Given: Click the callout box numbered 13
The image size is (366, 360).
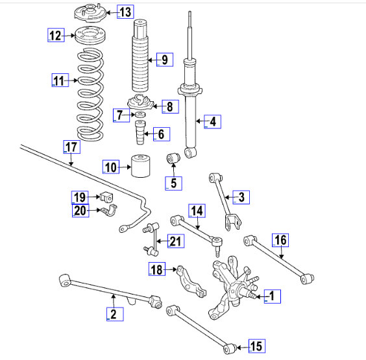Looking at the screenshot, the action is pyautogui.click(x=125, y=12).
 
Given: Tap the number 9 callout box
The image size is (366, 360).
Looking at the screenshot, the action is pyautogui.click(x=165, y=60).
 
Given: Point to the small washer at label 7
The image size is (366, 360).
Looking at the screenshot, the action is pyautogui.click(x=140, y=115).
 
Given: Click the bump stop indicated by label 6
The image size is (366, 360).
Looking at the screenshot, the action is pyautogui.click(x=140, y=132).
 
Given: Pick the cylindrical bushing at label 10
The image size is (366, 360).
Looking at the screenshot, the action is pyautogui.click(x=141, y=166).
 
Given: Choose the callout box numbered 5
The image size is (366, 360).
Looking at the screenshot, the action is pyautogui.click(x=173, y=184).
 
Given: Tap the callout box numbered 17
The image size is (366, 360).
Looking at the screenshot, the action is pyautogui.click(x=72, y=147).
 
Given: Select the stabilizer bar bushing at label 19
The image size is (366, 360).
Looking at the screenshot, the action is pyautogui.click(x=106, y=197).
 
